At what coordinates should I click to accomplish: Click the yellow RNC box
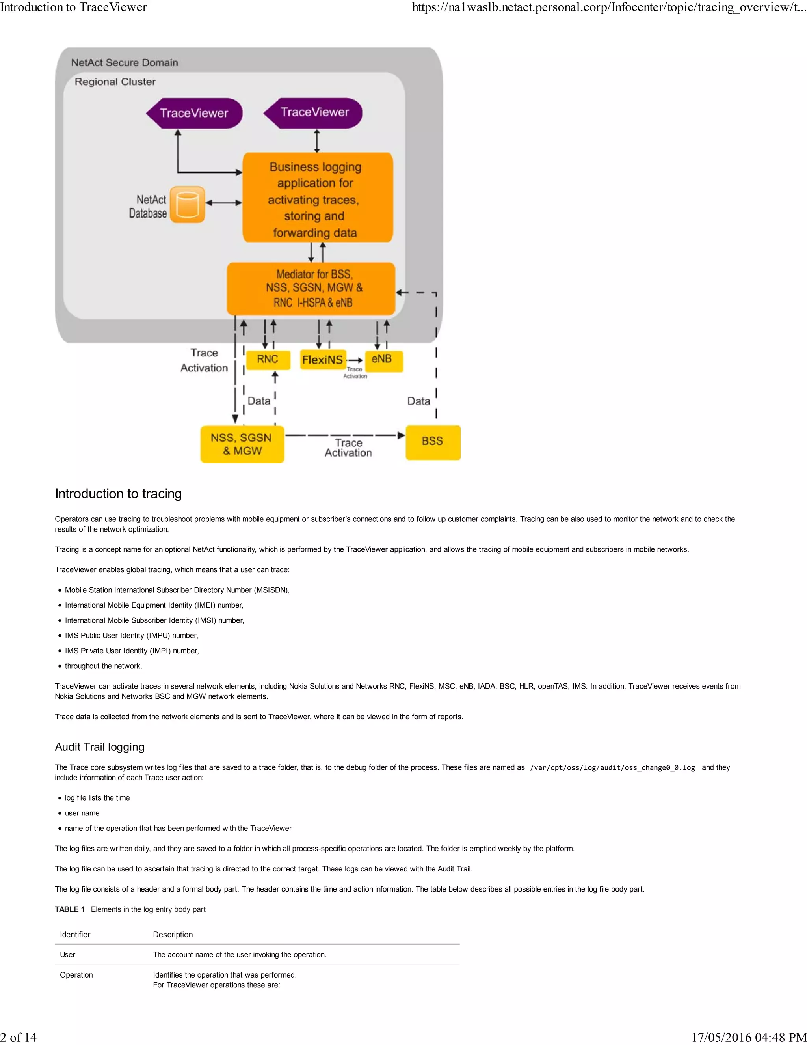tap(268, 360)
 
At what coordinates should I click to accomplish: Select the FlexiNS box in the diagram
tap(323, 360)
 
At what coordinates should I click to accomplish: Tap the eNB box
tap(383, 360)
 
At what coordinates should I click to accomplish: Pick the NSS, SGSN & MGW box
tap(242, 444)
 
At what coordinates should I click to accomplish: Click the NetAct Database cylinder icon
tap(188, 204)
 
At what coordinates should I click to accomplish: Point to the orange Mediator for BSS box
tap(311, 289)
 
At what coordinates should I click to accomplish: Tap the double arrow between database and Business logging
tap(224, 203)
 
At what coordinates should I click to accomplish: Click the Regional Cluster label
tap(115, 82)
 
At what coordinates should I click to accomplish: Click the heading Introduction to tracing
tap(118, 493)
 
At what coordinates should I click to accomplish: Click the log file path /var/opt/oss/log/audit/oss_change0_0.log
tap(612, 767)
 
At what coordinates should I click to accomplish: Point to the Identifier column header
tap(75, 935)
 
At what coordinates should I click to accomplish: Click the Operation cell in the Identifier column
tap(76, 975)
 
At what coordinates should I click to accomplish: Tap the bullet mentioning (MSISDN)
tap(177, 590)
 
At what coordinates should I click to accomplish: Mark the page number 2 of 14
tap(18, 1037)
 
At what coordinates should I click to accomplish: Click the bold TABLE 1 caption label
tap(70, 909)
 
